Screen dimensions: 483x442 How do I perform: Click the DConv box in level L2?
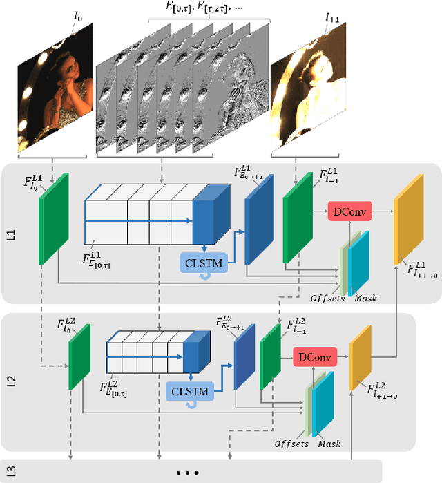tap(315, 357)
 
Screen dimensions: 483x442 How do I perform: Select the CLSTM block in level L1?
tap(202, 263)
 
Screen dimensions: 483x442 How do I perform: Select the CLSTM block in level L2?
tap(189, 392)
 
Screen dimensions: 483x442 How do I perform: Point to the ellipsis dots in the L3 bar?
tap(188, 473)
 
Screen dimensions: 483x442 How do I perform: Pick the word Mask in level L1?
tap(367, 298)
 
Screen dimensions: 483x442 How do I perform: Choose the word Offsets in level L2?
tap(291, 443)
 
